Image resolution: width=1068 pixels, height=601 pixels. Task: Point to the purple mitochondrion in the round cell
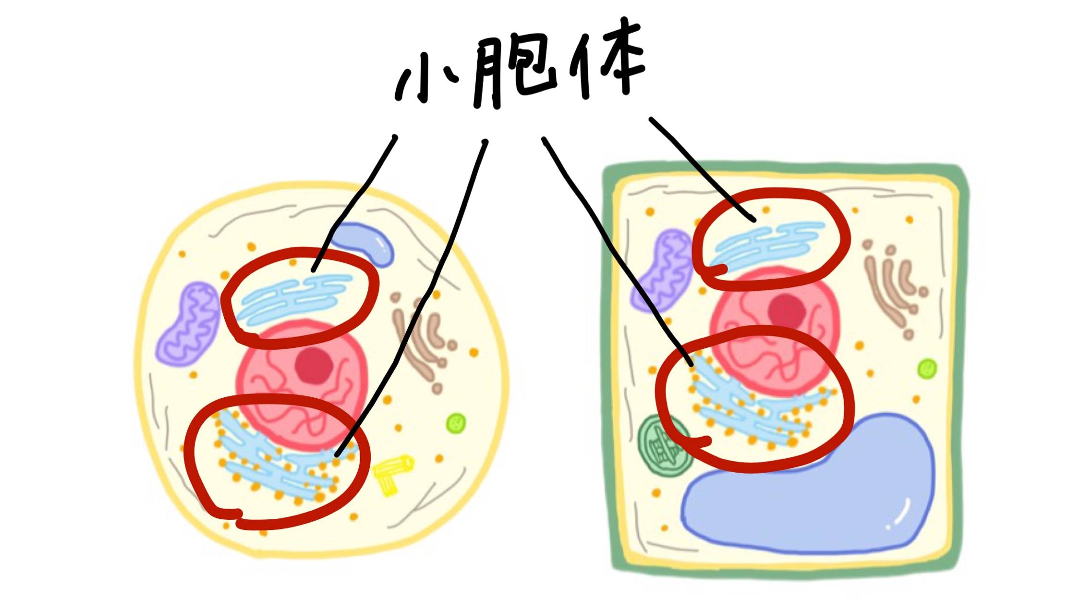coord(189,324)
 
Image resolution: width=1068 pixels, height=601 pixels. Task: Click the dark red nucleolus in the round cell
coord(314,366)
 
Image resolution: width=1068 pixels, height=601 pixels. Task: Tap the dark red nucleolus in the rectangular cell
coord(787,311)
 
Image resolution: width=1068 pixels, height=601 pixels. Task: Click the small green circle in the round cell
coord(456,423)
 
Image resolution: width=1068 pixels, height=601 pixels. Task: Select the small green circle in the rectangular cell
coord(927,369)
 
